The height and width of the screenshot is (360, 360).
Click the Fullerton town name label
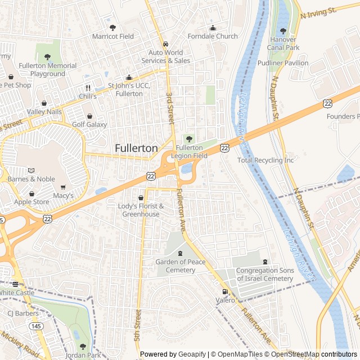coord(136,148)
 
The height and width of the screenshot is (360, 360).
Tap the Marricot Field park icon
coord(112,28)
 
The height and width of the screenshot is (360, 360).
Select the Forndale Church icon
coord(213,29)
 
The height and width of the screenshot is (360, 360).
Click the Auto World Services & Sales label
coord(165,57)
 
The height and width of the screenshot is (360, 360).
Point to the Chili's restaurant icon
coord(88,88)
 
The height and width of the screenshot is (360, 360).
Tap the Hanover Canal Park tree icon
coord(283,31)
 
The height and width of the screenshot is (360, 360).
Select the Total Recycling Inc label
coord(265,160)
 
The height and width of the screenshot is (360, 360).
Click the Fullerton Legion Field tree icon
coord(188,138)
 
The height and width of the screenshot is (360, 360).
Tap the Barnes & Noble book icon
coord(31,170)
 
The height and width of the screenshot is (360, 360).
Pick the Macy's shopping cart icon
coord(63,187)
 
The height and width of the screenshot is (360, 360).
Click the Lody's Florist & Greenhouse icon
coord(141,198)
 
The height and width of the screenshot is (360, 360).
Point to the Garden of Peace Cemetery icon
coord(180,253)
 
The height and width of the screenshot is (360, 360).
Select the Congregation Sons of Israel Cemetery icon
coord(265,262)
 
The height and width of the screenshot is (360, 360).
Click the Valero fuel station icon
coord(225,291)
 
